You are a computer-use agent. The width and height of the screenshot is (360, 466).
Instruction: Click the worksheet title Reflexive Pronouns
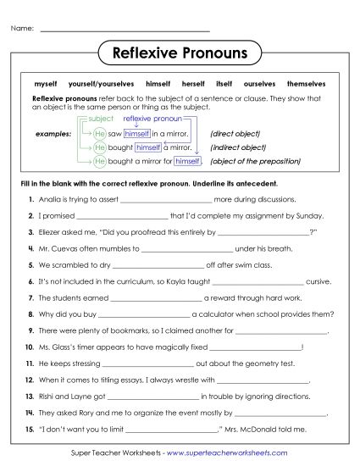click(x=180, y=54)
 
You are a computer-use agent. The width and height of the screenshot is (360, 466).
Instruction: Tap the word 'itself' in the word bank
click(x=224, y=85)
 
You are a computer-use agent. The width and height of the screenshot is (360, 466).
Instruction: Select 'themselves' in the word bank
click(x=306, y=85)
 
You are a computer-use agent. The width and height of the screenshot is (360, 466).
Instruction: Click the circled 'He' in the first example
click(x=100, y=134)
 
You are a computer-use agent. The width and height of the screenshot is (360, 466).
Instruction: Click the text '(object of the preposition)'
click(x=251, y=161)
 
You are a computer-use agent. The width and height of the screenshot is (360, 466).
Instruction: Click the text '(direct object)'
click(x=235, y=134)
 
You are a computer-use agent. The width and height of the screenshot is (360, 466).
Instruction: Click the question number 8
click(x=30, y=313)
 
